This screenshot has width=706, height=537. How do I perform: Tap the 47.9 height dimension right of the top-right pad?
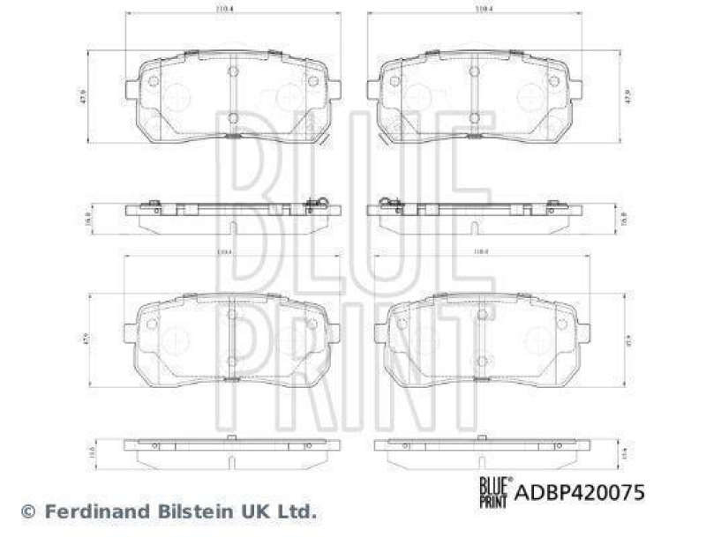(x=627, y=96)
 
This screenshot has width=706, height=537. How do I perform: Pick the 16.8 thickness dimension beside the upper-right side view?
(x=622, y=213)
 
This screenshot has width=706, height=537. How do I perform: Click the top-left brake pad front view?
(x=232, y=95)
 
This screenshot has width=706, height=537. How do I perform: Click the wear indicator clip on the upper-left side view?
(x=318, y=205)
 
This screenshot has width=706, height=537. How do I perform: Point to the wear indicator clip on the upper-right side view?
(x=388, y=205)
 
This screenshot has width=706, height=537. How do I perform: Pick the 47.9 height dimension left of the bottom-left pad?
(x=86, y=338)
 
